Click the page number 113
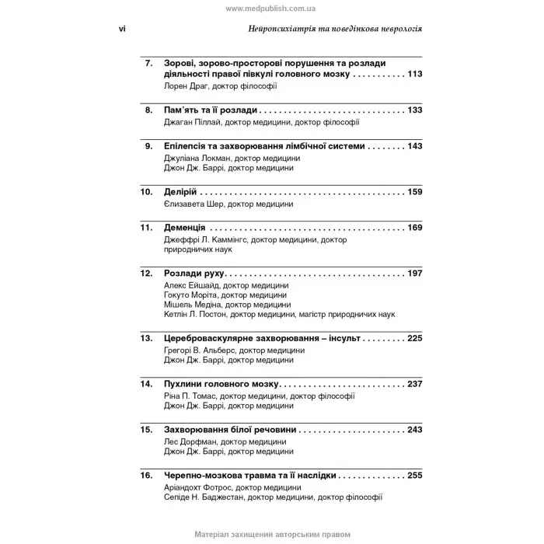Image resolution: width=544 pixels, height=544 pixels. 414,75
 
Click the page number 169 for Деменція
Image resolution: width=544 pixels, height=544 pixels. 414,228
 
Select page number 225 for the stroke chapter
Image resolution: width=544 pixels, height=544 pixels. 414,340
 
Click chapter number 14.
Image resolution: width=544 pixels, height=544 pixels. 146,384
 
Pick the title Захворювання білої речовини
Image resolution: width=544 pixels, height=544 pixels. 231,429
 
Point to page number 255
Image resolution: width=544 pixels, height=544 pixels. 414,474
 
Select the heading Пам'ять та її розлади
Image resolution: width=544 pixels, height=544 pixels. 211,110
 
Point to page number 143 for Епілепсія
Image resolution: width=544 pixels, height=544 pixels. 414,146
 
